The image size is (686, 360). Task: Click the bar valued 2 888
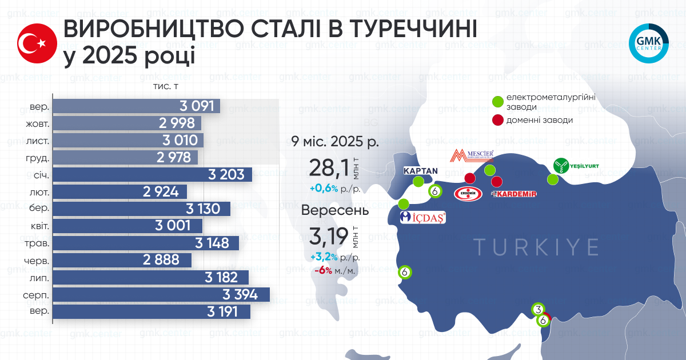(x=123, y=260)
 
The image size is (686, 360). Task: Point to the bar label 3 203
(x=224, y=174)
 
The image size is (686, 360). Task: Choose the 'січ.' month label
(x=40, y=175)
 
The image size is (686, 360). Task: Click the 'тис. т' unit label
(x=166, y=86)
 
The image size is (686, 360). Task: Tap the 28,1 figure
(x=328, y=169)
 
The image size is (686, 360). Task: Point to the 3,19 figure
(x=328, y=235)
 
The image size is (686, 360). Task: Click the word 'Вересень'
(x=335, y=210)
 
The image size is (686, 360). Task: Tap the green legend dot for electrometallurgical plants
(x=498, y=102)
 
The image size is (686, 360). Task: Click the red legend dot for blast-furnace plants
(x=498, y=120)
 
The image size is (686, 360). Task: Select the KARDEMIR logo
(x=514, y=194)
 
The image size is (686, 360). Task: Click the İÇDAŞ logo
(x=423, y=218)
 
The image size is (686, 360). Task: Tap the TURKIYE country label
(x=536, y=247)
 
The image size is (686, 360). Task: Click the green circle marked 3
(x=538, y=309)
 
